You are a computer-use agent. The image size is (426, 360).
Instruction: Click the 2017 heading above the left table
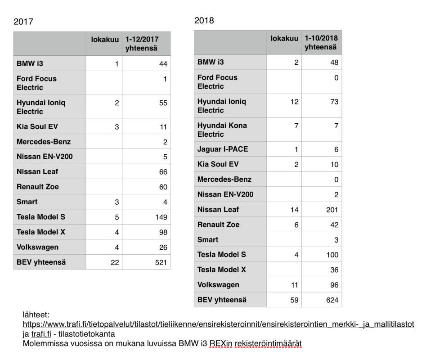(23, 22)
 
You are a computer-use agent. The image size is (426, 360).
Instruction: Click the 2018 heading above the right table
(204, 21)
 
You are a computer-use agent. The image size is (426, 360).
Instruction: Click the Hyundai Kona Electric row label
(222, 130)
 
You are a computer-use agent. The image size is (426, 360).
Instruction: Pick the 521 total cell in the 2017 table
(160, 262)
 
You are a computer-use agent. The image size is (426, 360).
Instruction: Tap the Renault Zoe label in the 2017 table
(37, 187)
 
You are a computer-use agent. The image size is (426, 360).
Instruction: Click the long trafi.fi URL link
(219, 324)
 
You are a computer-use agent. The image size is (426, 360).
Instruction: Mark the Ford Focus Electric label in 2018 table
(217, 81)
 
